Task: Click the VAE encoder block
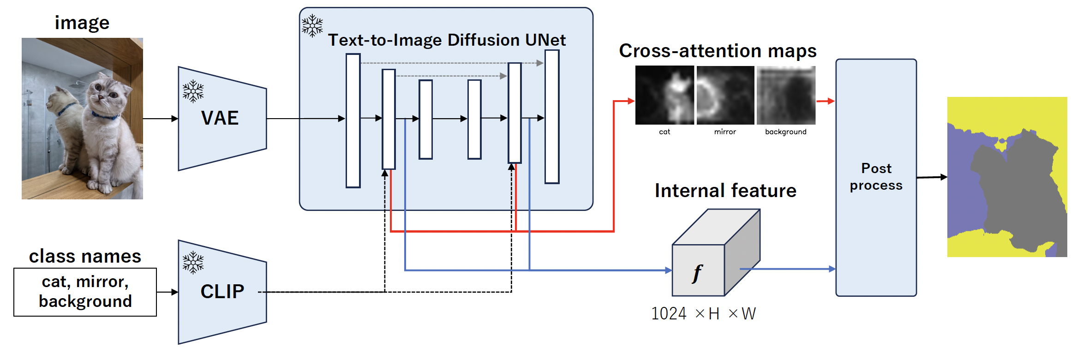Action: pos(221,119)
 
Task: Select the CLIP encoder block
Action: pos(221,292)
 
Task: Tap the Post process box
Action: pos(876,177)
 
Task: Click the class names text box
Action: pos(85,292)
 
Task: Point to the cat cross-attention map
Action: pos(664,95)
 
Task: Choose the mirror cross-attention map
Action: pos(725,95)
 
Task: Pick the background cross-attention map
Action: pos(786,95)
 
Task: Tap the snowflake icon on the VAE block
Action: pos(193,91)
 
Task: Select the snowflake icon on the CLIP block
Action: pos(193,263)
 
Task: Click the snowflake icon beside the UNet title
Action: pos(312,25)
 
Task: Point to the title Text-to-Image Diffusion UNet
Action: pos(447,40)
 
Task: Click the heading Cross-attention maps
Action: pos(718,51)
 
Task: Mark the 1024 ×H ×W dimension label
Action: pos(703,314)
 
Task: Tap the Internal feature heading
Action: pos(725,191)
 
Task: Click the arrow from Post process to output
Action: pos(932,177)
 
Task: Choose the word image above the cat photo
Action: pos(82,23)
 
